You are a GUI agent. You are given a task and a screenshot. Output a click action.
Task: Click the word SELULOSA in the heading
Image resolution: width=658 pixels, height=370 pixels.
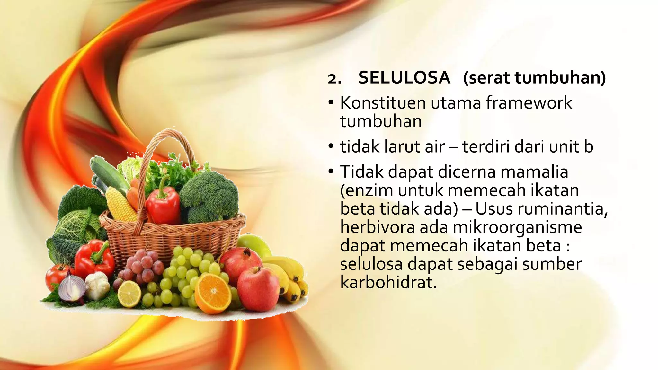[404, 78]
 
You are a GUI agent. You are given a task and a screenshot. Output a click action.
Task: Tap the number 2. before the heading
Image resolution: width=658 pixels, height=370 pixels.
[334, 79]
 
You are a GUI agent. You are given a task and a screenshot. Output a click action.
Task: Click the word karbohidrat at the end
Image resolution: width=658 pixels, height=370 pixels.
[388, 283]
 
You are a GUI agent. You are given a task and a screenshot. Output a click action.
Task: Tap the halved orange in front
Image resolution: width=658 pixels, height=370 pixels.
[212, 293]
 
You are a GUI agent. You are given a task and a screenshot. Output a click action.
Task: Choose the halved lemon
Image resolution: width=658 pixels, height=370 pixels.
[129, 293]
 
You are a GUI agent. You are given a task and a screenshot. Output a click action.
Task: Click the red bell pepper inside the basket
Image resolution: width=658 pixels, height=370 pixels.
[163, 206]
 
